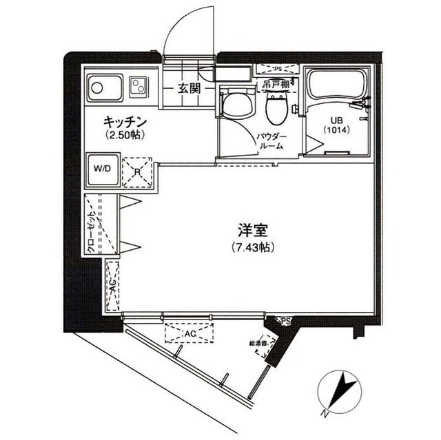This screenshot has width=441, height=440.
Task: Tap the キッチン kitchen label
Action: point(124,122)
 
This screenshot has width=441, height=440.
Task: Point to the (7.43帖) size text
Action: point(253,248)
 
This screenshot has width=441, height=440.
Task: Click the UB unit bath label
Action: point(335,124)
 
